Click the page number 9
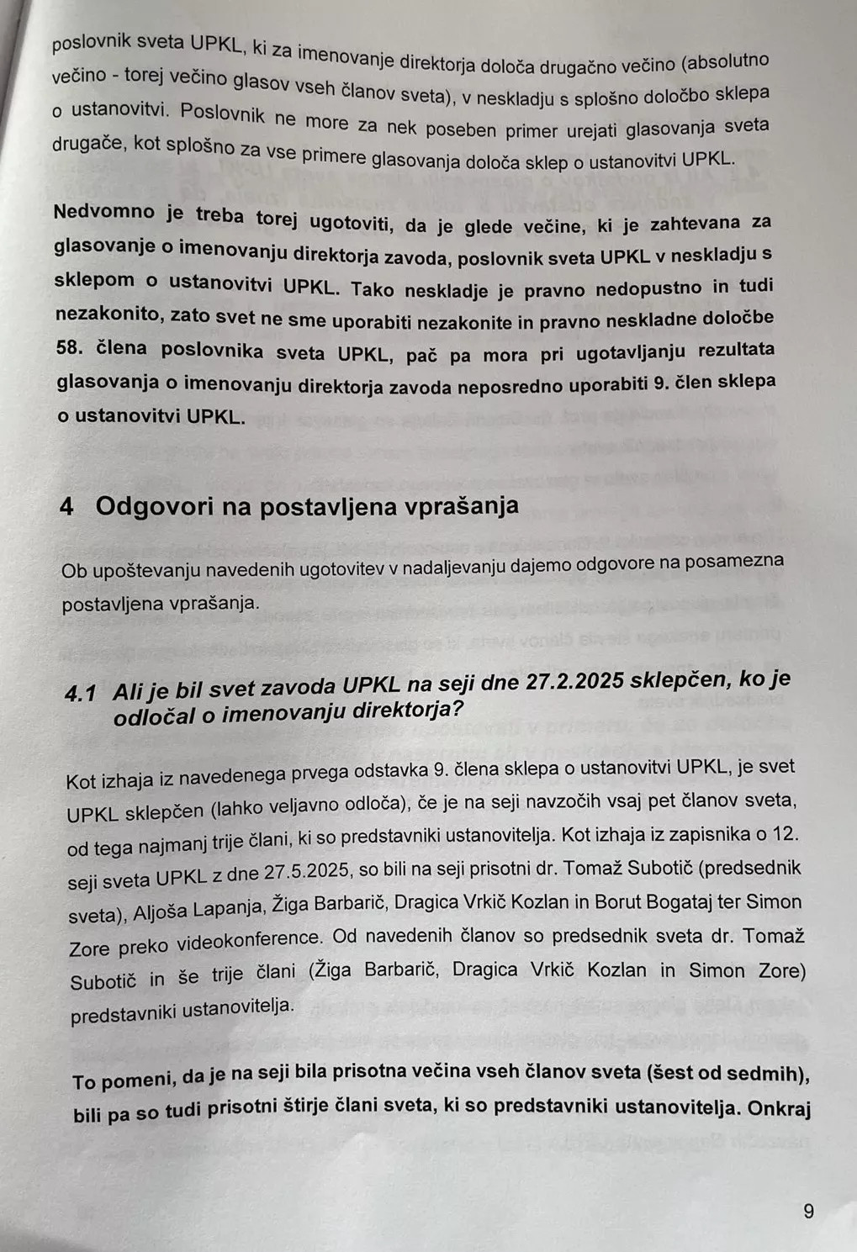point(809,1212)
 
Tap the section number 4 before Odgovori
point(66,506)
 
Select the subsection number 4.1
point(81,693)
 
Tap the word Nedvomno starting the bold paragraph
point(104,213)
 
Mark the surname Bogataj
point(685,902)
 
